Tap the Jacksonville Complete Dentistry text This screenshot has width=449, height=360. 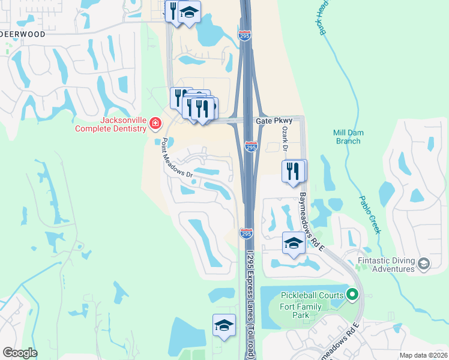[x=111, y=124]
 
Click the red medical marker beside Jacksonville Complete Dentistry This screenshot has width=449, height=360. [x=155, y=124]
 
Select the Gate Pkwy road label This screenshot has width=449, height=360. [x=269, y=121]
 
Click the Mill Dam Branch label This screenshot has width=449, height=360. [x=347, y=137]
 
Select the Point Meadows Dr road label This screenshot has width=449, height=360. [x=176, y=158]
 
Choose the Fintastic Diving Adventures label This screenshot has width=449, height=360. [x=387, y=265]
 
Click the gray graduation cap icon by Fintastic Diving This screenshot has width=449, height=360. [x=424, y=264]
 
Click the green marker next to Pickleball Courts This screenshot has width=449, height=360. [x=353, y=295]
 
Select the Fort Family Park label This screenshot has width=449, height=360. [x=301, y=311]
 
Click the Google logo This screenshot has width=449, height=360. [x=20, y=353]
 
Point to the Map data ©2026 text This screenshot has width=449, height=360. [x=423, y=355]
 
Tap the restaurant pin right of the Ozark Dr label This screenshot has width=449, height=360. [x=294, y=170]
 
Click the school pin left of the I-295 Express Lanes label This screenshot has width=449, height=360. [x=224, y=325]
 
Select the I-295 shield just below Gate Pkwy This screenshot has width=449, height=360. [x=252, y=146]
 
